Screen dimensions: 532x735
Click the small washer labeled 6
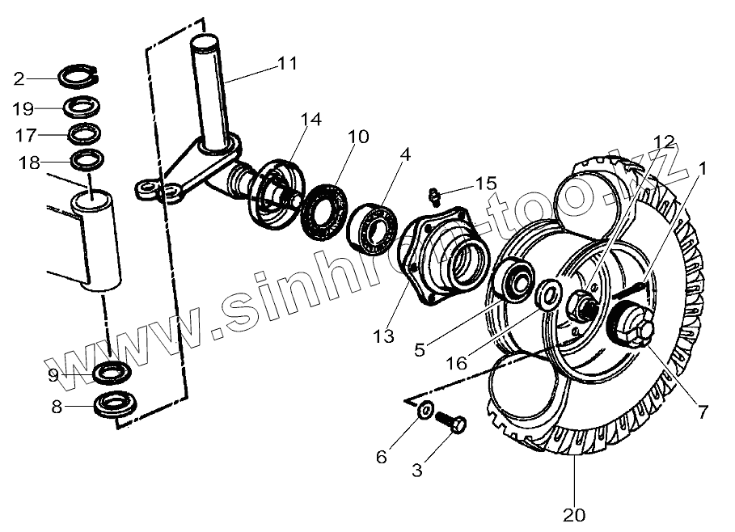pos(424,411)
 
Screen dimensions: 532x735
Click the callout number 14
pos(310,120)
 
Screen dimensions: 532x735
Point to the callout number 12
pos(663,141)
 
